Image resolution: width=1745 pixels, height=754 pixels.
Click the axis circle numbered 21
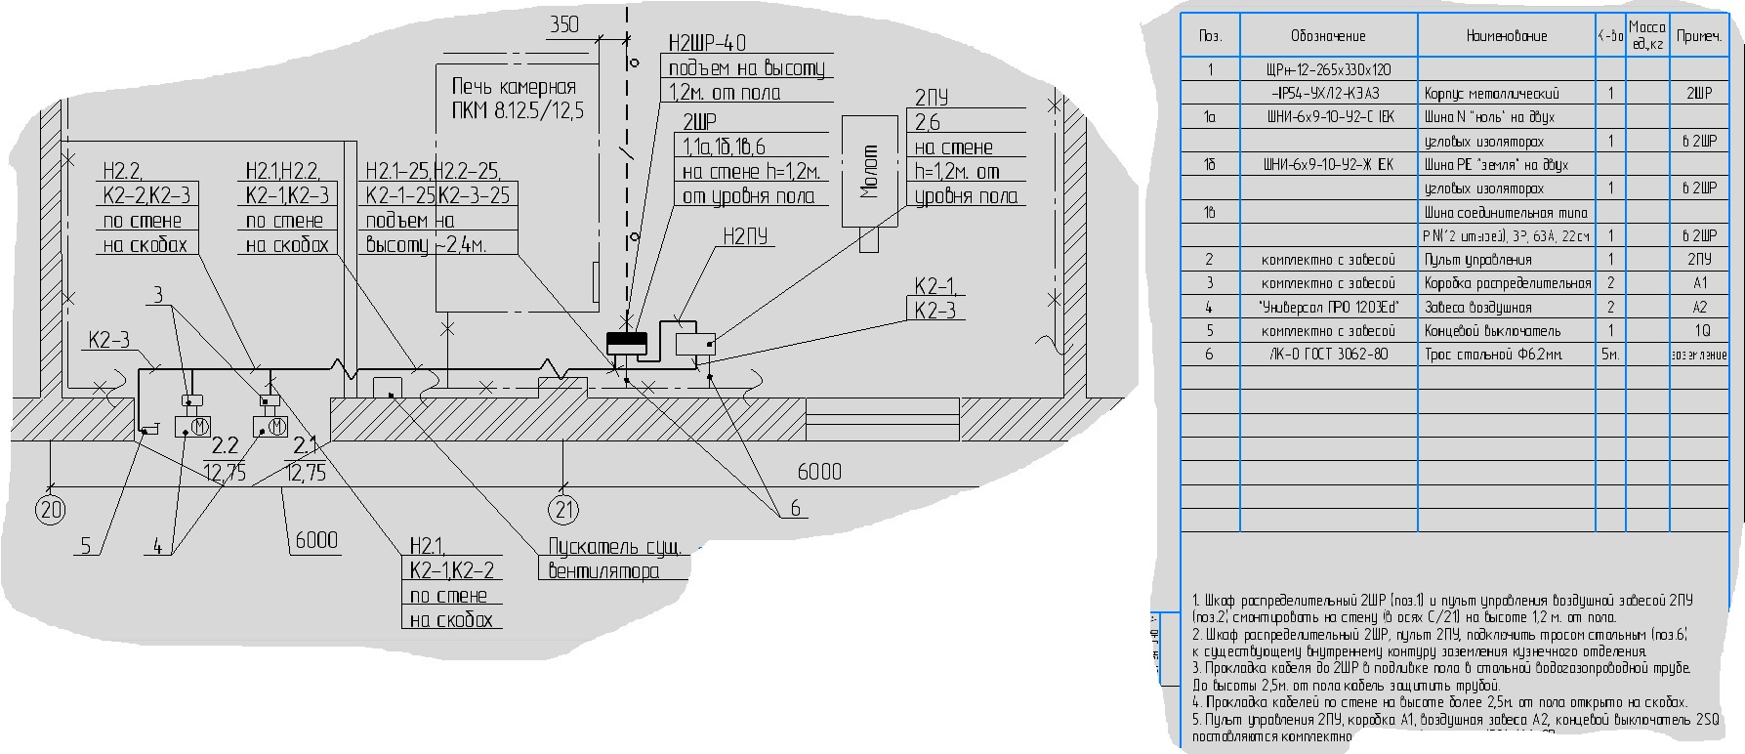563,509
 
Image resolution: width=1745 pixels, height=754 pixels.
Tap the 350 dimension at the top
564,24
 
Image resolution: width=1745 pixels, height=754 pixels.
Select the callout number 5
86,546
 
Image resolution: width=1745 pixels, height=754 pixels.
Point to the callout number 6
795,508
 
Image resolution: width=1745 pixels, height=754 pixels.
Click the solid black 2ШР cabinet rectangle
627,343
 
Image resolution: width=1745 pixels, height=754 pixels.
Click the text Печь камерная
514,86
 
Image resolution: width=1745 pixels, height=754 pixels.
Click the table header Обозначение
1328,36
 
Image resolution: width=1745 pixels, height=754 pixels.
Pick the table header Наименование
1506,36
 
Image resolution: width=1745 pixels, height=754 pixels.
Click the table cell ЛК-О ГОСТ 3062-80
1328,354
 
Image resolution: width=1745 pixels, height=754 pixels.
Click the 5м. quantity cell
1609,354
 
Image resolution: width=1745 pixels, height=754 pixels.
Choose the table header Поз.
1210,36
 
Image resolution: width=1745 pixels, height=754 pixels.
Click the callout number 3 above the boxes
159,295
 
